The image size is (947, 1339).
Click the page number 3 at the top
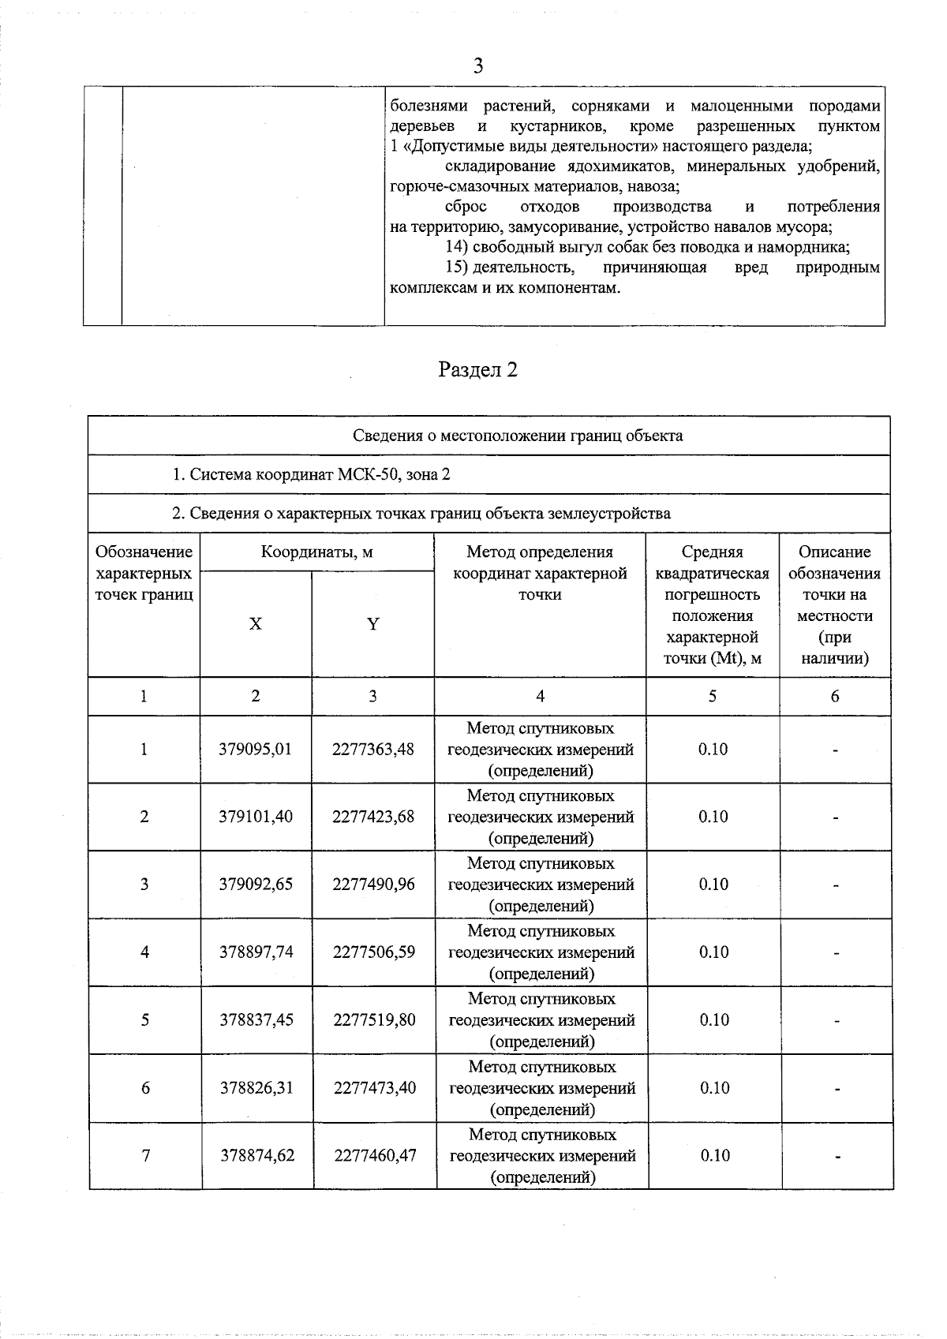[x=477, y=66]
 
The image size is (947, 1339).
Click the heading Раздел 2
[x=477, y=370]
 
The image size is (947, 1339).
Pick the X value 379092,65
[x=256, y=885]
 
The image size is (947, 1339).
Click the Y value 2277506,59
[x=373, y=952]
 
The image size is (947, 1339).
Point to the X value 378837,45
[x=256, y=1020]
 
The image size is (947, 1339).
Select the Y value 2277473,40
[x=374, y=1088]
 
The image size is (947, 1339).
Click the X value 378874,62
[x=257, y=1156]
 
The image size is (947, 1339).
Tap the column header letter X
[x=255, y=624]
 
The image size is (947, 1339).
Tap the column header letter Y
[x=372, y=624]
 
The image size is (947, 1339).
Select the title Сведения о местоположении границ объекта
[x=518, y=436]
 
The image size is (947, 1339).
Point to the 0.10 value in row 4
[x=713, y=952]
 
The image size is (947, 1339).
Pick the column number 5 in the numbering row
[x=713, y=696]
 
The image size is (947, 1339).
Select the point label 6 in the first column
[x=145, y=1088]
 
